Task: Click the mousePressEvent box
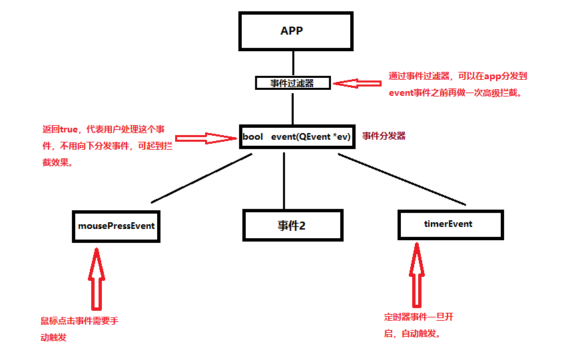click(117, 226)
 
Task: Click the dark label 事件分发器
click(384, 136)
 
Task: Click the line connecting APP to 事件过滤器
click(292, 65)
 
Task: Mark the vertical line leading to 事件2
click(284, 180)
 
